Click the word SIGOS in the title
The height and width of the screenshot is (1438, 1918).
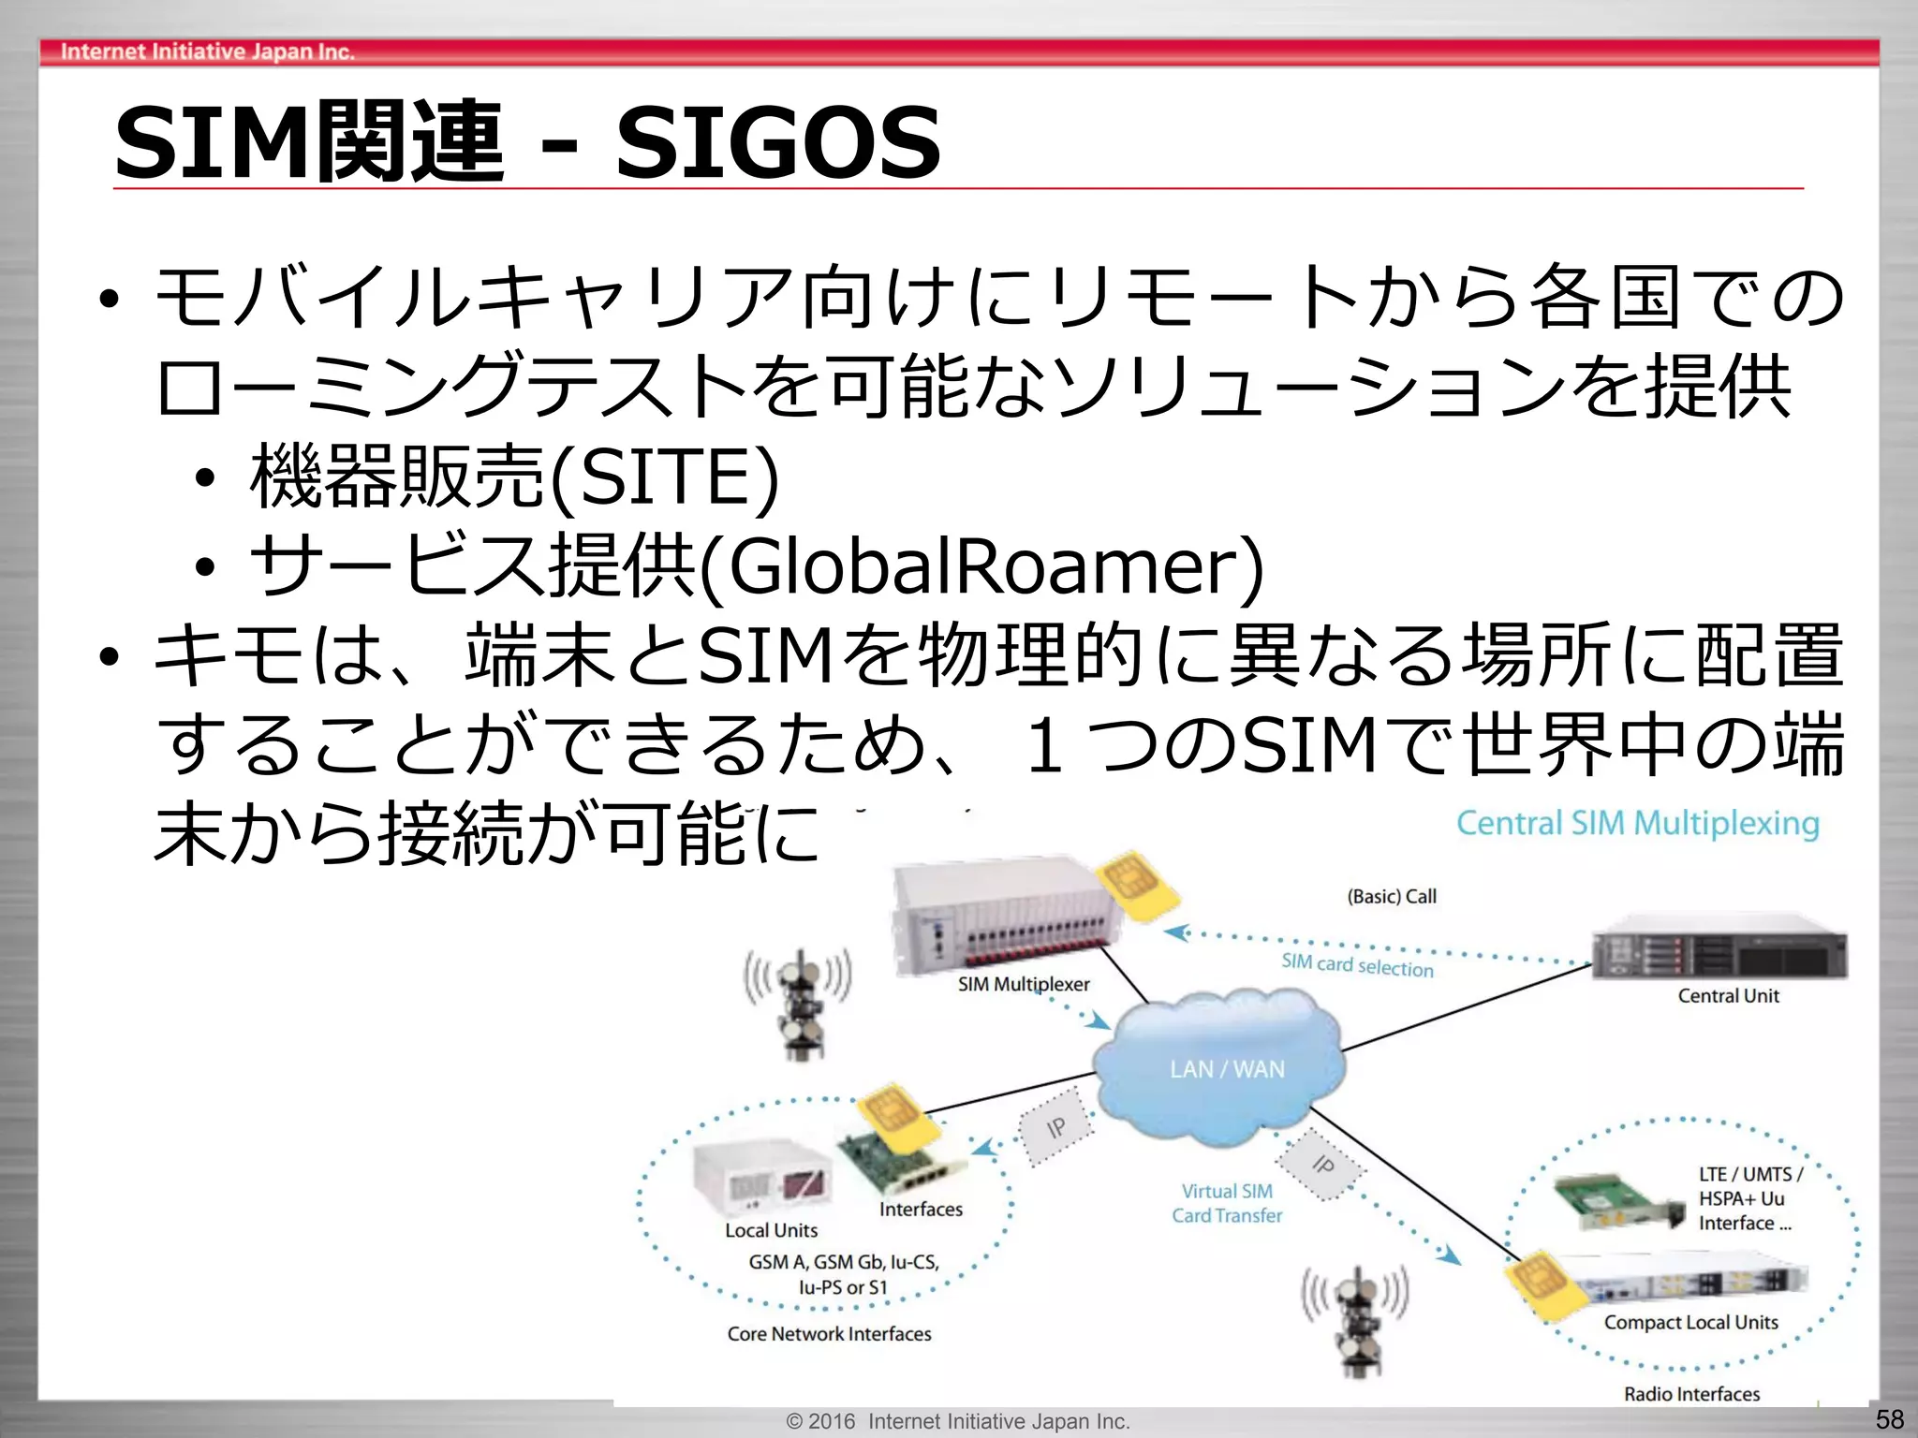click(777, 143)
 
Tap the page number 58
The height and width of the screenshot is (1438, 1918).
click(1889, 1419)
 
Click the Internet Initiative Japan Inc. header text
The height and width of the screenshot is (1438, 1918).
click(207, 51)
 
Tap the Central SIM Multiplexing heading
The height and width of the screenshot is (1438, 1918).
click(1637, 823)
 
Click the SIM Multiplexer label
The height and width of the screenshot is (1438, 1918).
click(1024, 984)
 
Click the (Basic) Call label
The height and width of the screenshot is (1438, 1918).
click(1392, 896)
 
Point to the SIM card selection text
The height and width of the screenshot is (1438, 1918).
click(1357, 964)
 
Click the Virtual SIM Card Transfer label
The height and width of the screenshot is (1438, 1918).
click(1227, 1203)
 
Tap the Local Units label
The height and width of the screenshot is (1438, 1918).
click(771, 1230)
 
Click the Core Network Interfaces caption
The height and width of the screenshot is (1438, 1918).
click(829, 1333)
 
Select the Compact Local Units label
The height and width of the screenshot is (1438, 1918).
click(1690, 1322)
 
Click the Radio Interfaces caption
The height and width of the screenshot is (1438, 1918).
click(1691, 1394)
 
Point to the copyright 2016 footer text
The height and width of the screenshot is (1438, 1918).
click(958, 1421)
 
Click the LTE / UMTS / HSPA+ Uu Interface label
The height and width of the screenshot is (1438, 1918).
click(1748, 1198)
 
